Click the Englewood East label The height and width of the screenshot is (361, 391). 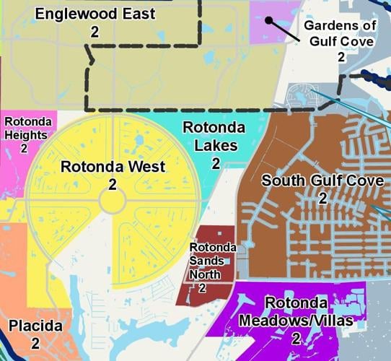[x=95, y=14]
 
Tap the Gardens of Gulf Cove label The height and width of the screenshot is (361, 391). [x=341, y=34]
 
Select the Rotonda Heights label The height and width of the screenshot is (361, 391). [x=26, y=128]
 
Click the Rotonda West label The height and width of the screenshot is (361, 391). [x=113, y=167]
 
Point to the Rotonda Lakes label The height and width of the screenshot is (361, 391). [x=214, y=136]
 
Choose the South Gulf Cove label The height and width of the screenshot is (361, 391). [x=322, y=180]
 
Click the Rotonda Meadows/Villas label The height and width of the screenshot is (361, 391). [x=296, y=311]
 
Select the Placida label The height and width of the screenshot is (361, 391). [x=35, y=326]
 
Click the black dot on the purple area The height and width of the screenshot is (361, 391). [x=268, y=20]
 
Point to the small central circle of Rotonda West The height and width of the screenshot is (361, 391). [x=113, y=201]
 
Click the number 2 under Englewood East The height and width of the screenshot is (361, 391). [x=95, y=31]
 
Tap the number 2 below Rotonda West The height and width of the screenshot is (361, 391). [x=113, y=185]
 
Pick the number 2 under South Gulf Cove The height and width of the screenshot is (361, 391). [x=322, y=198]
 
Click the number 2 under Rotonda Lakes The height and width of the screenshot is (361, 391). [x=215, y=163]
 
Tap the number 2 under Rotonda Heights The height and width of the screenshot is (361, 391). [x=24, y=148]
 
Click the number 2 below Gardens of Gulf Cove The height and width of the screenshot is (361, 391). [x=341, y=57]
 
